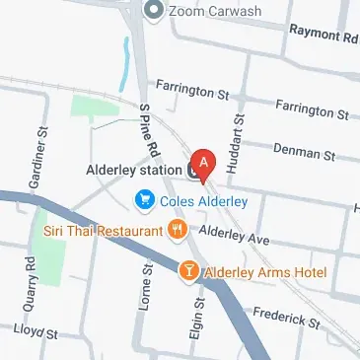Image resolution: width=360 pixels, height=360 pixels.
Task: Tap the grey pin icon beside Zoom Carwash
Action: coord(153,11)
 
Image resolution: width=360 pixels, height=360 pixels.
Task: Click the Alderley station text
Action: coord(133,170)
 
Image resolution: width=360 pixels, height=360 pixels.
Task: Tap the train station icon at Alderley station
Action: coord(194,171)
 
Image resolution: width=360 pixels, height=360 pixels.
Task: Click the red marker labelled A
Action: coord(203,161)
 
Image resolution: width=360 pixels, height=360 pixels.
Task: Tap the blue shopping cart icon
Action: coord(145,202)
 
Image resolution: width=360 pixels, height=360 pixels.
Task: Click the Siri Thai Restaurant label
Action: coord(103,231)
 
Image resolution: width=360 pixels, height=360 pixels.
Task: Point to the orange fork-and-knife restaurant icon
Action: coord(178,231)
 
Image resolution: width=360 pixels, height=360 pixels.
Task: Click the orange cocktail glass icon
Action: coord(187,270)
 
